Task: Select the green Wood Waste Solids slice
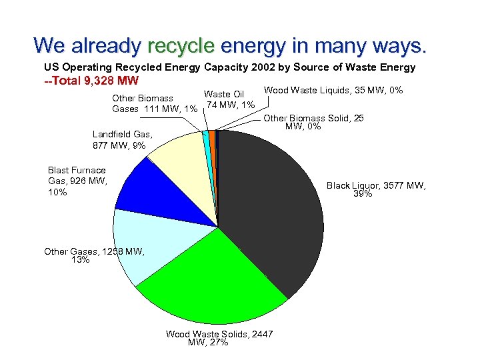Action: (213, 280)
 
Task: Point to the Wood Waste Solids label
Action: (219, 337)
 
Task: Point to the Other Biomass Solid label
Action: (313, 122)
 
